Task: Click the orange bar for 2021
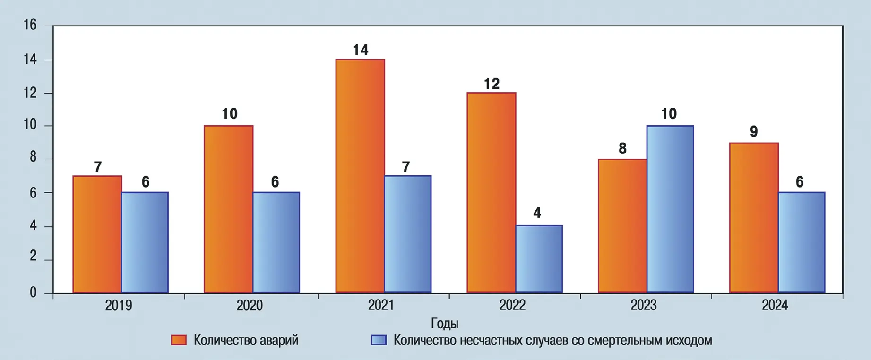click(x=360, y=176)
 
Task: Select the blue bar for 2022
click(x=539, y=259)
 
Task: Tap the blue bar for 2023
click(x=670, y=209)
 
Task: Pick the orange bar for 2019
click(x=97, y=234)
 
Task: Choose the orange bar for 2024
click(x=754, y=217)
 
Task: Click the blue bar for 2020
click(x=276, y=242)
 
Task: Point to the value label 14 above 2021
click(x=361, y=50)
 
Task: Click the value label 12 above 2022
click(x=492, y=84)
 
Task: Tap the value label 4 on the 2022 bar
click(x=537, y=213)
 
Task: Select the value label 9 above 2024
click(x=754, y=131)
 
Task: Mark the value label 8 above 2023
click(x=622, y=148)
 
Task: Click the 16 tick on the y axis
click(x=30, y=25)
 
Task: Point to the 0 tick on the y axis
click(x=33, y=293)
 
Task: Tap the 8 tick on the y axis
click(x=33, y=157)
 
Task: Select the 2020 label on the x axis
click(x=250, y=306)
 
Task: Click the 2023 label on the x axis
click(x=644, y=306)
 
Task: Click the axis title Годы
click(x=445, y=324)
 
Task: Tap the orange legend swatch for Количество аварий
click(x=179, y=340)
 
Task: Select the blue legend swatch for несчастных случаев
click(x=379, y=340)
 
